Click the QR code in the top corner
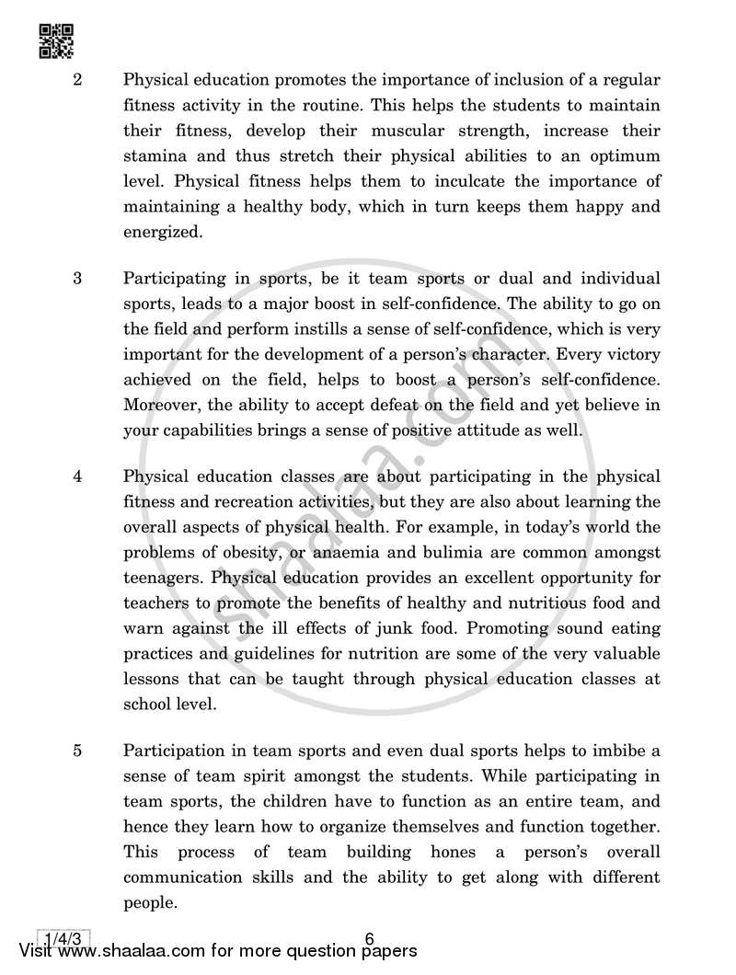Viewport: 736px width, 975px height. pos(56,40)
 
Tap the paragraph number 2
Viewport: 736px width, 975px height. pos(78,80)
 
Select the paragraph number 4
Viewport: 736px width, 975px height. pos(78,476)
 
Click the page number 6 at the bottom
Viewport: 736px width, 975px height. pos(369,939)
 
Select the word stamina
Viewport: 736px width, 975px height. pos(154,156)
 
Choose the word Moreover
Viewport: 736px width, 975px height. pos(161,406)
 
